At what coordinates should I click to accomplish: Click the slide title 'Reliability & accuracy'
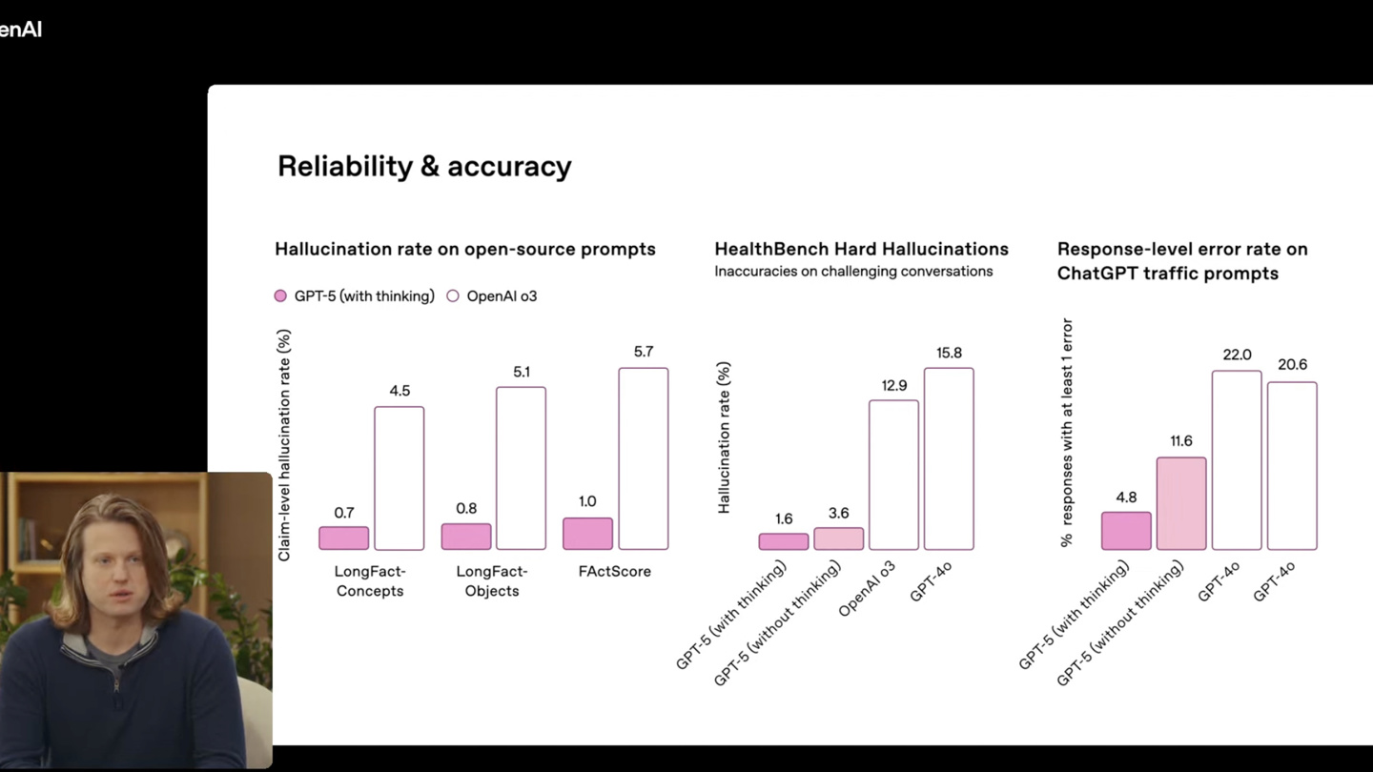pyautogui.click(x=424, y=166)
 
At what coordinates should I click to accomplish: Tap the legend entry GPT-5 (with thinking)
pyautogui.click(x=354, y=296)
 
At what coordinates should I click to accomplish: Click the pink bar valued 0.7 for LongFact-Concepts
pyautogui.click(x=343, y=538)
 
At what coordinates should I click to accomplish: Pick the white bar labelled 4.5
pyautogui.click(x=399, y=478)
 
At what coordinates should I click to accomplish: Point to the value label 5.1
pyautogui.click(x=522, y=372)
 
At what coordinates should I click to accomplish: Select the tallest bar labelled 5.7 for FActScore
pyautogui.click(x=643, y=458)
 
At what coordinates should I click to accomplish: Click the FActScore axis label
pyautogui.click(x=615, y=572)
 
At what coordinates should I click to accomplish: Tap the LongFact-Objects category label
pyautogui.click(x=492, y=581)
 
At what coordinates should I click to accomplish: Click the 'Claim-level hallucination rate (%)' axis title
pyautogui.click(x=284, y=445)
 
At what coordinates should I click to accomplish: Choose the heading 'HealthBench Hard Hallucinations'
pyautogui.click(x=861, y=249)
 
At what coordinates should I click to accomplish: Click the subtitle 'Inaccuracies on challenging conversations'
pyautogui.click(x=853, y=272)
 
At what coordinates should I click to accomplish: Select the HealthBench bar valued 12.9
pyautogui.click(x=893, y=475)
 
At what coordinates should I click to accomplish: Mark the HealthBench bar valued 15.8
pyautogui.click(x=949, y=458)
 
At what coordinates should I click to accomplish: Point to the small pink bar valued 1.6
pyautogui.click(x=784, y=541)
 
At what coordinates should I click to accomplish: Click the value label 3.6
pyautogui.click(x=839, y=513)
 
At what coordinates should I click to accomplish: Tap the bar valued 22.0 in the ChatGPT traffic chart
pyautogui.click(x=1237, y=460)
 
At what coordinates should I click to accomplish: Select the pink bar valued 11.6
pyautogui.click(x=1181, y=503)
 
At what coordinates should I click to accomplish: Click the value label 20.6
pyautogui.click(x=1292, y=365)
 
